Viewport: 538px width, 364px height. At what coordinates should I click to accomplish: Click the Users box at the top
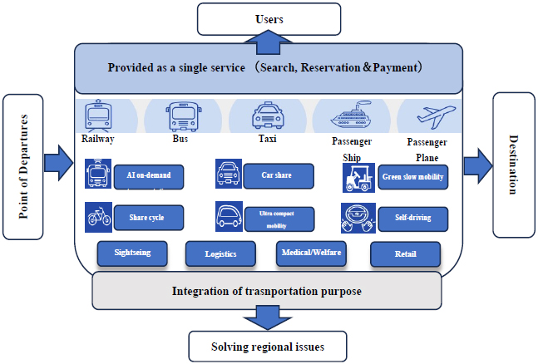[268, 17]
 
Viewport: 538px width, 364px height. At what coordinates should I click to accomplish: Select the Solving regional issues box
[268, 346]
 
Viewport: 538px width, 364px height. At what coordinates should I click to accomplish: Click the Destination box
[513, 164]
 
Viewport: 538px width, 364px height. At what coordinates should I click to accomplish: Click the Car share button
[279, 176]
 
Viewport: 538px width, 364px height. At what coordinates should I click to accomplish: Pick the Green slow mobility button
[412, 177]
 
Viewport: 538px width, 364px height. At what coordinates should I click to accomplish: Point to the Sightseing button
[133, 253]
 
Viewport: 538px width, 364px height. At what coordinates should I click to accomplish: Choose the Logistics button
[222, 254]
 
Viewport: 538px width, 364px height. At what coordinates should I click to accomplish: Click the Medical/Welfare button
[310, 253]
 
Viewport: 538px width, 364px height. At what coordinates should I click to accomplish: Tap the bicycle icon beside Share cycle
[98, 219]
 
